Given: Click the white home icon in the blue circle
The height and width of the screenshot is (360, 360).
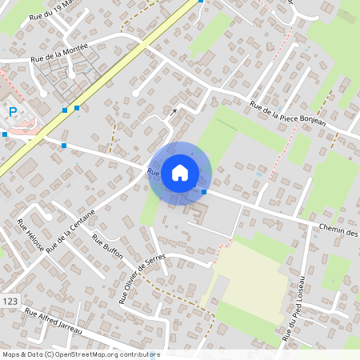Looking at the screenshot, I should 180,172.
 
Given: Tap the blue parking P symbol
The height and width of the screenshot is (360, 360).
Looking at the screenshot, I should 13,112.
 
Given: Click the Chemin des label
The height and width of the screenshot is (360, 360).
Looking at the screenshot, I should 336,230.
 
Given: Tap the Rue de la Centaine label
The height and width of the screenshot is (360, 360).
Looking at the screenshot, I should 70,232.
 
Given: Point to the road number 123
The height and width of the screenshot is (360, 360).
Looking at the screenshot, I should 10,301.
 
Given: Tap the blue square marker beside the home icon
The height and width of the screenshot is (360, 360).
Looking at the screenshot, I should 205,192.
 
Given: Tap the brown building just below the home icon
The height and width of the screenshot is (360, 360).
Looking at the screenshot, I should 197,214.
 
